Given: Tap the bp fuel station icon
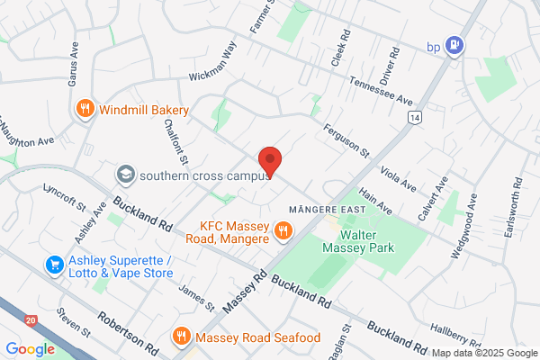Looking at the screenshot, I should coord(456,42).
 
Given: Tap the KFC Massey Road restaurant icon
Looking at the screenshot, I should coord(283,231).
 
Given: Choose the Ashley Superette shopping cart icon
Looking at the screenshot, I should coord(55,265).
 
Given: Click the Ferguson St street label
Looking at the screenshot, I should coord(346,140).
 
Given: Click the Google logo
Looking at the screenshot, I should coord(30,349).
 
